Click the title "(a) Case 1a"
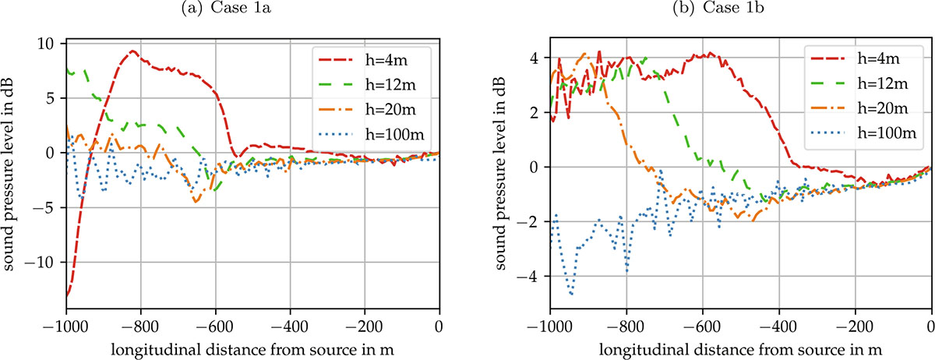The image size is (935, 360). (x=252, y=9)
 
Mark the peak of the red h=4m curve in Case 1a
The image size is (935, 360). (x=132, y=51)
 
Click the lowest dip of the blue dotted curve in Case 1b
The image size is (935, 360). (x=572, y=294)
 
